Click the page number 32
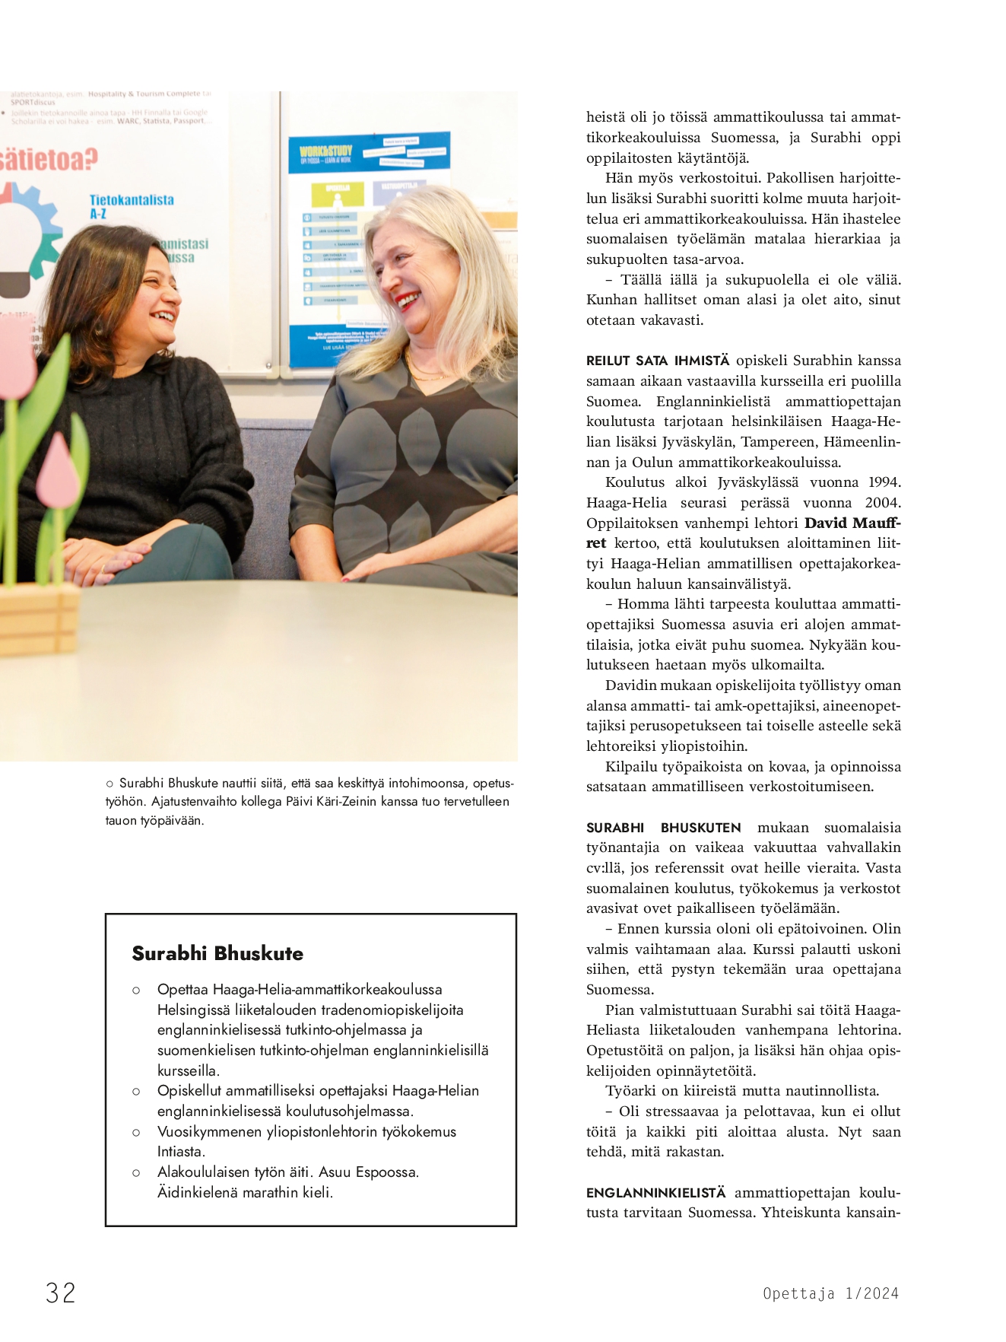click(x=61, y=1293)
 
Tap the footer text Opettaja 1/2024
click(x=830, y=1293)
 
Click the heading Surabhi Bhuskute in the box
click(x=217, y=953)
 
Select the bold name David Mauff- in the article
click(x=852, y=523)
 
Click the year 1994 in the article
click(x=884, y=482)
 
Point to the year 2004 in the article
click(x=882, y=503)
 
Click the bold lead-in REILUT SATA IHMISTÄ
click(x=657, y=361)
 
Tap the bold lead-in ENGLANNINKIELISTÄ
click(x=655, y=1192)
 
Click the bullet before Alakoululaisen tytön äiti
click(x=136, y=1172)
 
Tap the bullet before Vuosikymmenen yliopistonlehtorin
click(x=136, y=1132)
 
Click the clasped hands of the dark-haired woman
click(x=106, y=558)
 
